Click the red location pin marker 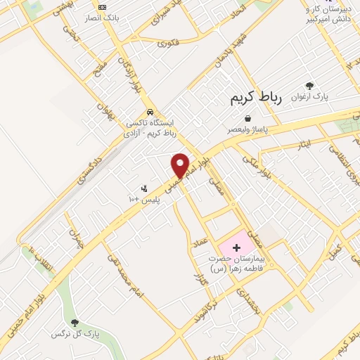coord(181,165)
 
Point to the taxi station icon coord(150,112)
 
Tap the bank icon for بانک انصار coord(103,6)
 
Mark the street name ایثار coord(304,144)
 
